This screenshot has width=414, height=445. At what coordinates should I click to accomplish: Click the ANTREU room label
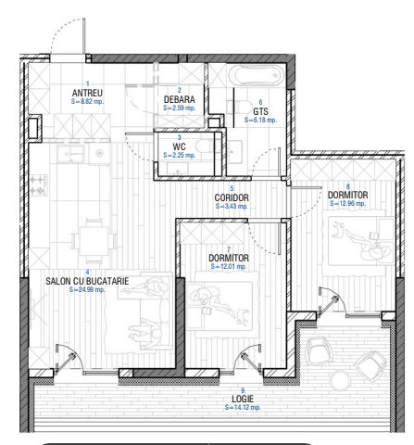(x=87, y=93)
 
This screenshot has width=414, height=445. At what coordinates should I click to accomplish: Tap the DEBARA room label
(x=180, y=99)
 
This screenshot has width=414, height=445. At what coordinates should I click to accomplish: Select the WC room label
(x=179, y=146)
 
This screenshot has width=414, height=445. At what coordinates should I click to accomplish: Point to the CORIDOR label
(x=232, y=197)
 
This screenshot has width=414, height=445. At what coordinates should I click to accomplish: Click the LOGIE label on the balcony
(x=243, y=399)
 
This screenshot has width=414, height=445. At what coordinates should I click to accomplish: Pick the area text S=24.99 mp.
(x=87, y=290)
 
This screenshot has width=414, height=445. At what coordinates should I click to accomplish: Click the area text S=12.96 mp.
(x=347, y=203)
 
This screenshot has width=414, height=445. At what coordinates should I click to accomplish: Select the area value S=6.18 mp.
(x=260, y=120)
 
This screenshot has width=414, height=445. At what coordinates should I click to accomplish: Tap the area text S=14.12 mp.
(x=243, y=407)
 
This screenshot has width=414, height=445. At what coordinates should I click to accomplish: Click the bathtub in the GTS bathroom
(x=256, y=75)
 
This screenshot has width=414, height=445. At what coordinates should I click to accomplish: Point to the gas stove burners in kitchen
(x=39, y=185)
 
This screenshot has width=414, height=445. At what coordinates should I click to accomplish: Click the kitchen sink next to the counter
(x=70, y=154)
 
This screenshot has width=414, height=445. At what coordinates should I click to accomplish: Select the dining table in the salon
(x=94, y=241)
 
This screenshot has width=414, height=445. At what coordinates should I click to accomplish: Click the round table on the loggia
(x=342, y=381)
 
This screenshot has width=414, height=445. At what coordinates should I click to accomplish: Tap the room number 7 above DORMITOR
(x=229, y=249)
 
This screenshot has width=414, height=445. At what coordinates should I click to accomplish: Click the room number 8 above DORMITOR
(x=348, y=186)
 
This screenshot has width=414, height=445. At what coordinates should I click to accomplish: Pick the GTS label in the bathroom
(x=260, y=111)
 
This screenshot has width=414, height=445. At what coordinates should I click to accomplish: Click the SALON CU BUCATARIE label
(x=87, y=281)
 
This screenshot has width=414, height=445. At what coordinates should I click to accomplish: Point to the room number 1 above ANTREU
(x=88, y=83)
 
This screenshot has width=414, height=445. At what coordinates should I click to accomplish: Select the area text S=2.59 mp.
(x=180, y=108)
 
